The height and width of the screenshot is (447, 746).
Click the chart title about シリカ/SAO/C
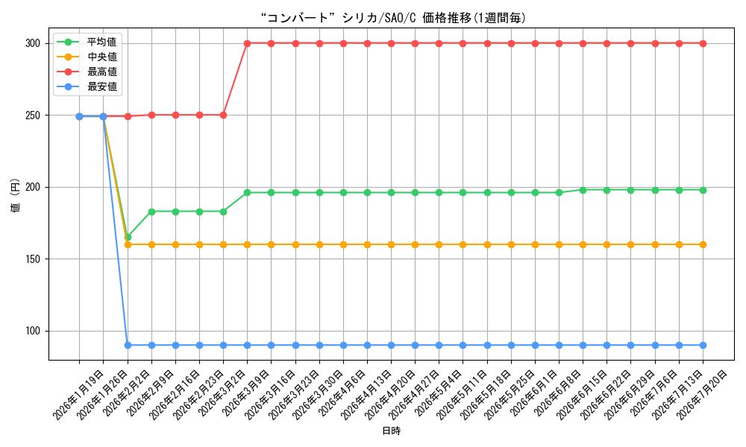(393, 18)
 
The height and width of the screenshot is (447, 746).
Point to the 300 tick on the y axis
(33, 43)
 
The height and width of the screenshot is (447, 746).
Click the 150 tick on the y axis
(33, 259)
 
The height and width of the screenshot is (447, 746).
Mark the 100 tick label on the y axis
(33, 331)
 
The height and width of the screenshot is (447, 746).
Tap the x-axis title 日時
(392, 431)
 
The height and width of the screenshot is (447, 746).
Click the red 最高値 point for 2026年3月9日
(248, 43)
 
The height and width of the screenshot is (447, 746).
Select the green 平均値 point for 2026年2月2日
(128, 237)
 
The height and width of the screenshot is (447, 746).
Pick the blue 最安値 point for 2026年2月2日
(128, 346)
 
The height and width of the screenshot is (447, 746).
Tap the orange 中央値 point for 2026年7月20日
(703, 244)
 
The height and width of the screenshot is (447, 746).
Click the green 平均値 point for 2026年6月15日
(583, 190)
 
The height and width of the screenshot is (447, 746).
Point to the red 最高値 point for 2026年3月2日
(223, 115)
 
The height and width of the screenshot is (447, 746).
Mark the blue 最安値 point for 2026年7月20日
(703, 346)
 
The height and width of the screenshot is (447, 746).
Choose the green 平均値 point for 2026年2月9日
(151, 212)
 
